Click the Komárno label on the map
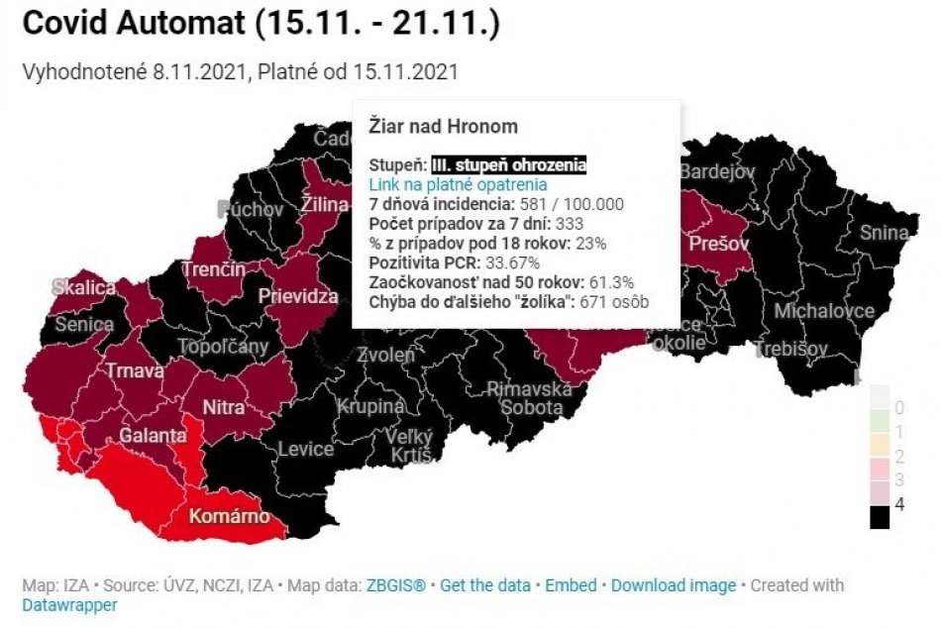pos(229,517)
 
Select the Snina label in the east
pos(884,234)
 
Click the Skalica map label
pos(83,287)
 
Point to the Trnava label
pos(135,371)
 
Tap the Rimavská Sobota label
pos(530,398)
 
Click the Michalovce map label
pos(823,311)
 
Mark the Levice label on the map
pos(305,449)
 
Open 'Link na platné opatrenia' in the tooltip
pos(458,184)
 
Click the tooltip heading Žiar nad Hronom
pos(443,127)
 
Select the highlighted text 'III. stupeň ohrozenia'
pos(509,165)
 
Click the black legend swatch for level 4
pos(880,517)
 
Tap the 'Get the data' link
pos(485,585)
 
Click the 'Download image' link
pos(674,585)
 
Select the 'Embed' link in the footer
pos(571,585)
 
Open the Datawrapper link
pos(69,604)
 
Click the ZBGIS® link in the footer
pos(395,585)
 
